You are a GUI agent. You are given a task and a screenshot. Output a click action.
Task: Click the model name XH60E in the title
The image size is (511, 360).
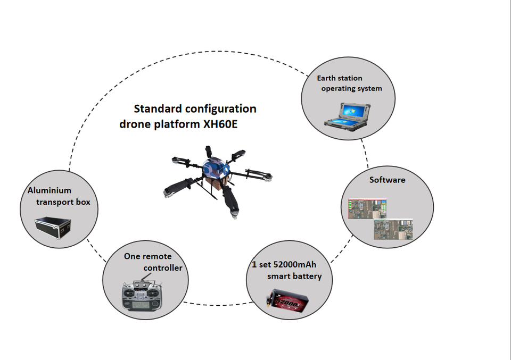coord(220,124)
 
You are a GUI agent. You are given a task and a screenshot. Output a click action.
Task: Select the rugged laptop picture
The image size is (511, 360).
coord(348,114)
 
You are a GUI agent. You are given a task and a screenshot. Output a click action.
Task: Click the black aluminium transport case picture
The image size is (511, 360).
coord(53,228)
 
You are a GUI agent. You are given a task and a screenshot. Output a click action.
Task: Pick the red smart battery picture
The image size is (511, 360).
coord(287,300)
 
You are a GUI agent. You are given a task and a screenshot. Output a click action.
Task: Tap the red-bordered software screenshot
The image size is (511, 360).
coord(367,208)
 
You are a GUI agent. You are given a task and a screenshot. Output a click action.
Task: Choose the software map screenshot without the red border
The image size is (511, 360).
coord(393,230)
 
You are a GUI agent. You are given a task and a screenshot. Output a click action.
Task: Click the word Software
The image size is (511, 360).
coord(387,180)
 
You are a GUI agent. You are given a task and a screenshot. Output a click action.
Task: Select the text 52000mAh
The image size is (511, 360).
coord(294,264)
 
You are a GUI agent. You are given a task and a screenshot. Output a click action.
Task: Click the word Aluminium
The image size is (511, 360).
coord(49,190)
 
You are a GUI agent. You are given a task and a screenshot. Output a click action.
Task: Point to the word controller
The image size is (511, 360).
coord(163,268)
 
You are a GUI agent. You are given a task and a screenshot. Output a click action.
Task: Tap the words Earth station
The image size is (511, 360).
coord(340,78)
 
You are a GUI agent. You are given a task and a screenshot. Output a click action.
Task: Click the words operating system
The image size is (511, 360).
coord(352,88)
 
